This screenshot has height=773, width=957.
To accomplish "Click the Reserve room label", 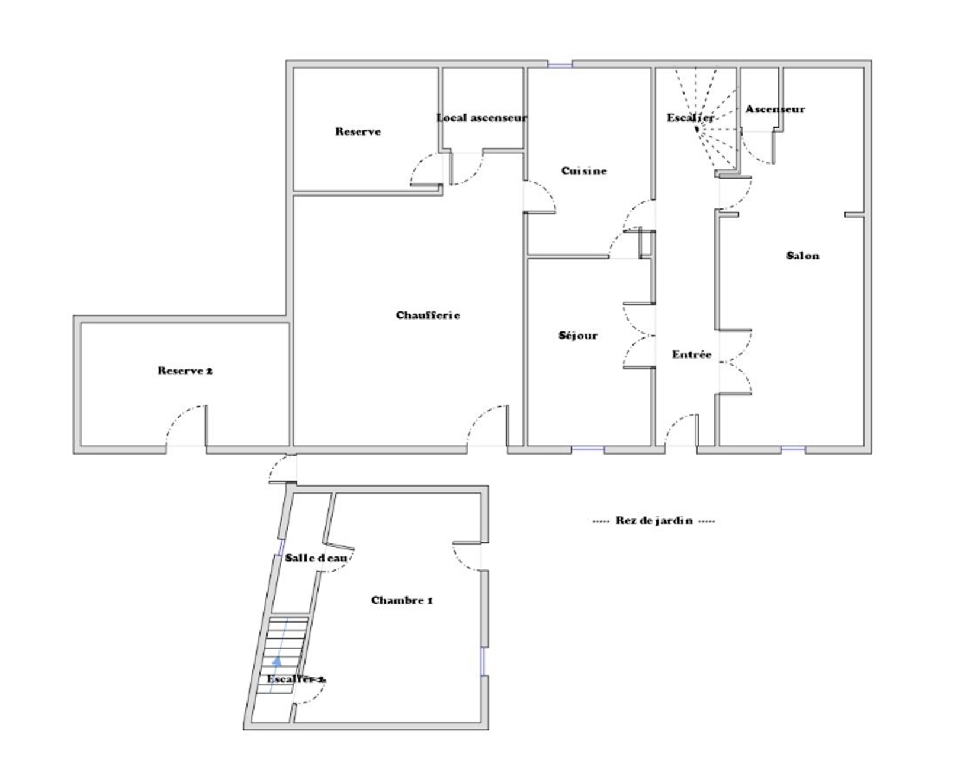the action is coord(358,131).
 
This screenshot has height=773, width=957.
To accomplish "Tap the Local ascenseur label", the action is coord(481,118).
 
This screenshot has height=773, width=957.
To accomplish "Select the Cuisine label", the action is coord(584,170).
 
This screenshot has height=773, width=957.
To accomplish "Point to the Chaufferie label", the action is coord(428,315).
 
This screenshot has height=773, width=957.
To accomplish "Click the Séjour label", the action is coord(578,336).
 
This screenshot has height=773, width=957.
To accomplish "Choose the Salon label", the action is coord(802,256).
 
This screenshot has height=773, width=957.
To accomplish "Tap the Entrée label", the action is coord(692,354).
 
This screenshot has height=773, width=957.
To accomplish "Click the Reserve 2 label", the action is coord(185,371).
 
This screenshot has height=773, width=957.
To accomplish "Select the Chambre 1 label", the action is coord(402,600).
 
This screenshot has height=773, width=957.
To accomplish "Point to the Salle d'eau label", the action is coord(316,558).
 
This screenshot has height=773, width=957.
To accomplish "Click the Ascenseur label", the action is coord(775,109).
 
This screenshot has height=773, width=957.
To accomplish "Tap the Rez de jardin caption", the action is coord(654,521).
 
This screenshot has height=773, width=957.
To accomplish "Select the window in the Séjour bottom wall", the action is coord(587,448).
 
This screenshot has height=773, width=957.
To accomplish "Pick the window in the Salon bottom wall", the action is coord(793,448).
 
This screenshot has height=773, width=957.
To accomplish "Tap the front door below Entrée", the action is coord(681,430).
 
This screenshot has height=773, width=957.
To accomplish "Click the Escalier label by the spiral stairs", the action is coord(690,118).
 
